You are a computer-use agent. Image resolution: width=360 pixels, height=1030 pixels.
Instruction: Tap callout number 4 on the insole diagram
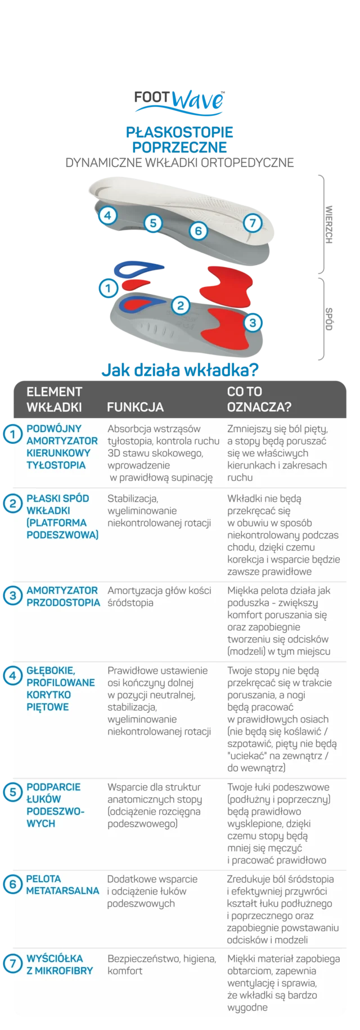point(108,215)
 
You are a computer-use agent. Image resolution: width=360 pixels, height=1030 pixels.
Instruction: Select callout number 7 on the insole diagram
point(253,223)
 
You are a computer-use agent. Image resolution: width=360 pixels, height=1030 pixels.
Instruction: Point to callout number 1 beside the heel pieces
point(108,289)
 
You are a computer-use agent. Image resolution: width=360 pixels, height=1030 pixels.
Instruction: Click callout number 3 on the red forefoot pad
point(253,322)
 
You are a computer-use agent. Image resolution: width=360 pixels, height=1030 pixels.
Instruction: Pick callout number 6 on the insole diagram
point(198,230)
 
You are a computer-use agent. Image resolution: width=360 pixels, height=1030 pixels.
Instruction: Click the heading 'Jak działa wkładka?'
point(180,371)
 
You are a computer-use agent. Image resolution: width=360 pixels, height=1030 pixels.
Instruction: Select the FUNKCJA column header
point(135,407)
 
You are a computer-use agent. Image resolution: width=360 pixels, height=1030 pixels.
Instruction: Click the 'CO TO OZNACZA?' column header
point(259,399)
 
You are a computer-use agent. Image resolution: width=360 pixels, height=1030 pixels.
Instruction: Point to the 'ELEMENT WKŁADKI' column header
point(55,399)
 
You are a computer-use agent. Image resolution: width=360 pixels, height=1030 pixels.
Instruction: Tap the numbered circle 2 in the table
point(12,503)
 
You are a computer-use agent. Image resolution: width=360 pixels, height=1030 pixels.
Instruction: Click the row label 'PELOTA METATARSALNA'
point(62,885)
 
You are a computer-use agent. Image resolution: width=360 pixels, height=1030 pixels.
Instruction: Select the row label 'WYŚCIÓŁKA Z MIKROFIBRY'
point(60,964)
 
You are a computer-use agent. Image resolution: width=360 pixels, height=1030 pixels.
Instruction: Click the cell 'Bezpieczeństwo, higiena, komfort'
point(161,964)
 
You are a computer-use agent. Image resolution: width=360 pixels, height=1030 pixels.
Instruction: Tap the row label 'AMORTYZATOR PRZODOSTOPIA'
point(63,596)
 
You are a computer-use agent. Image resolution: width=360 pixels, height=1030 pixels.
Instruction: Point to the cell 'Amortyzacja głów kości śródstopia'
point(159,596)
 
